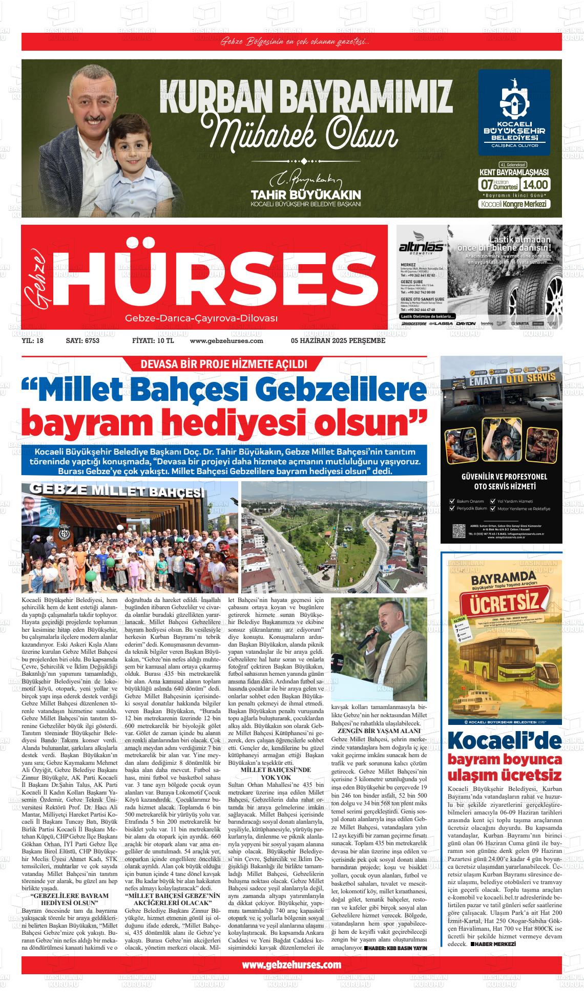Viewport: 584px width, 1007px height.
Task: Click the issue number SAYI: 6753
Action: pyautogui.click(x=82, y=340)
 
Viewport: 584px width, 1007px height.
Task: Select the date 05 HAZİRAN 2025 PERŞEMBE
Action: pyautogui.click(x=338, y=340)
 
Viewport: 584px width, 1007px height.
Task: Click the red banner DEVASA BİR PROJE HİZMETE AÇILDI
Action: pyautogui.click(x=220, y=364)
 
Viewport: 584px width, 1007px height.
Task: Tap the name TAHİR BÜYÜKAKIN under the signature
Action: pyautogui.click(x=306, y=195)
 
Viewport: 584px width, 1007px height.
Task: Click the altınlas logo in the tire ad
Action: pyautogui.click(x=422, y=247)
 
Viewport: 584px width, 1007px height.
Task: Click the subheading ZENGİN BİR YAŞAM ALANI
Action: pyautogui.click(x=379, y=731)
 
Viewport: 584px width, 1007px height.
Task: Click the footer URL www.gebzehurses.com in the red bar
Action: pyautogui.click(x=291, y=965)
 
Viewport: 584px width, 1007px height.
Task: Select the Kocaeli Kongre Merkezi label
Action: pyautogui.click(x=514, y=204)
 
